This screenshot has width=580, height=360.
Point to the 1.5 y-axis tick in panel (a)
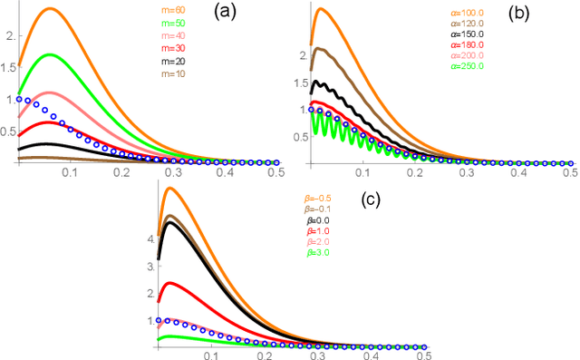pos(8,66)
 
